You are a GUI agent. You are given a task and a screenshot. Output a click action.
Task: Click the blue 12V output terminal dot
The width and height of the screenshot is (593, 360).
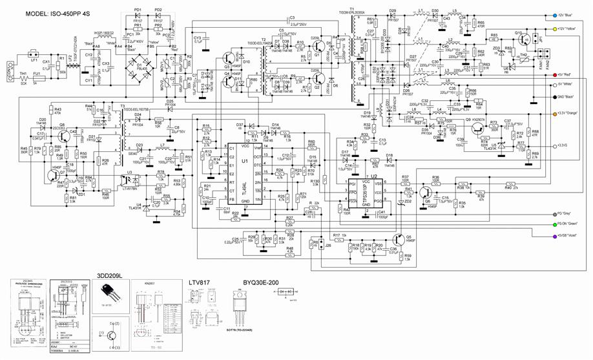[x=546, y=14]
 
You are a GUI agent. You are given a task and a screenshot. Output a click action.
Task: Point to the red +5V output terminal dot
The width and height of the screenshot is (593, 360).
[x=546, y=75]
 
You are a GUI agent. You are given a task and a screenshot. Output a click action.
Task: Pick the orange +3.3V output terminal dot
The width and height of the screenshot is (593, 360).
[x=546, y=112]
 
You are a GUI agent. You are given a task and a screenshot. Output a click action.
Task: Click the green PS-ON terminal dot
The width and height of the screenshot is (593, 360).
[x=546, y=224]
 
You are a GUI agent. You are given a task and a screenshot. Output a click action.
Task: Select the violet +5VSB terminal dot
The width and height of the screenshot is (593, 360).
[x=546, y=236]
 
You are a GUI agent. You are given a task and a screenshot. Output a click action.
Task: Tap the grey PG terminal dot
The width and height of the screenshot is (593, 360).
[x=546, y=211]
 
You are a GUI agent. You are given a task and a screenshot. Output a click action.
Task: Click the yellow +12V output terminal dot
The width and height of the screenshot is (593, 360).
[x=546, y=29]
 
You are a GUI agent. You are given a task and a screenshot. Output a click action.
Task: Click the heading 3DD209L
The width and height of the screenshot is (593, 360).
[x=110, y=272]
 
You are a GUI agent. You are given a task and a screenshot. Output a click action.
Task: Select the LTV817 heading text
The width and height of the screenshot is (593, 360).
[x=203, y=283]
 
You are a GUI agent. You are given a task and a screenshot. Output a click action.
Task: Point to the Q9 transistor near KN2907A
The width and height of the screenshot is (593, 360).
[x=475, y=123]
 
